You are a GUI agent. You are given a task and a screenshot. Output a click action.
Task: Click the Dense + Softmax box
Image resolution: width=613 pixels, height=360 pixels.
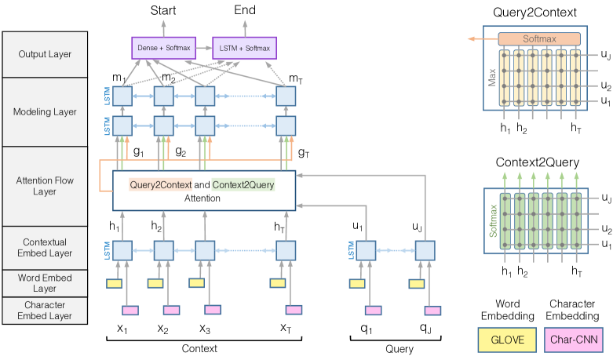coord(163,48)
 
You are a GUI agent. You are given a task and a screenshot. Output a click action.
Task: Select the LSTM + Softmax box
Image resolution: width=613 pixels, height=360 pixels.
coord(244,48)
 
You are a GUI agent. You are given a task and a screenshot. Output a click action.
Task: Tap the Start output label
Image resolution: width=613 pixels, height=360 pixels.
coord(163,10)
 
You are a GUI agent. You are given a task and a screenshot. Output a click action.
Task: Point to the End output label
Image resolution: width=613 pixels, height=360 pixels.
coord(245,9)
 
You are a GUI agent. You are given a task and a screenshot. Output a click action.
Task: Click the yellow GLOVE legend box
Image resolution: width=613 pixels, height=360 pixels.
coord(507,340)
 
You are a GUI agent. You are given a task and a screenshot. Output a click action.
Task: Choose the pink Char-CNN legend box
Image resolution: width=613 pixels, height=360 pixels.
coord(574,340)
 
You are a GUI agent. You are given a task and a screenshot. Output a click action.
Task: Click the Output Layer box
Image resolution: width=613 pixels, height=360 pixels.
coord(45,54)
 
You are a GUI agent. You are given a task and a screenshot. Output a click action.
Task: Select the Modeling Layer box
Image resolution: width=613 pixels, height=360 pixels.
coord(45,112)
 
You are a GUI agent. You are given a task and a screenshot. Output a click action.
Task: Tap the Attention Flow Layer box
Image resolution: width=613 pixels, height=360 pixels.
coord(45,186)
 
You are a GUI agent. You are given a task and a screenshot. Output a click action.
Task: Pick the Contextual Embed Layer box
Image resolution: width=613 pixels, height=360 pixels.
coord(45,248)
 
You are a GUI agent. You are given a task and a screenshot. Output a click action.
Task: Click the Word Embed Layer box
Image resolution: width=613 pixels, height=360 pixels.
coord(45,283)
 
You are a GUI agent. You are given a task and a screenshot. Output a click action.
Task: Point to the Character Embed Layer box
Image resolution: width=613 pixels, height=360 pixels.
coord(45,311)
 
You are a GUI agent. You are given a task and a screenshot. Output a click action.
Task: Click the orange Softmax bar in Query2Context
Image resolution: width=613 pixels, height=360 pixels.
coord(539,39)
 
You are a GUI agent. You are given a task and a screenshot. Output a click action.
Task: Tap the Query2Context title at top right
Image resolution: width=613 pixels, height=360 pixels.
coord(535,13)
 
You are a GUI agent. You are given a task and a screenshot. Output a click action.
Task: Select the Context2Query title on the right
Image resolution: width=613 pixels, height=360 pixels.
coord(537,162)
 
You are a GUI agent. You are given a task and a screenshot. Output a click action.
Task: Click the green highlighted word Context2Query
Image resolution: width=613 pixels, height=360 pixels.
coord(243,184)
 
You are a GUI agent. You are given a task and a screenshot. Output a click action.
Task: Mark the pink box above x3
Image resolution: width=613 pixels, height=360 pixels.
coord(213,310)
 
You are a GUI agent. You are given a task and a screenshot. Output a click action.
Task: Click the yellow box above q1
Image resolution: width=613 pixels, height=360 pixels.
coord(357,283)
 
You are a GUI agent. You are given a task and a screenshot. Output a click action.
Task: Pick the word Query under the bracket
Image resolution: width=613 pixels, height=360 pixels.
coord(400,349)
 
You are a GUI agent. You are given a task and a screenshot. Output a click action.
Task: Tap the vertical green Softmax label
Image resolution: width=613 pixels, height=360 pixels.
coord(494,221)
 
